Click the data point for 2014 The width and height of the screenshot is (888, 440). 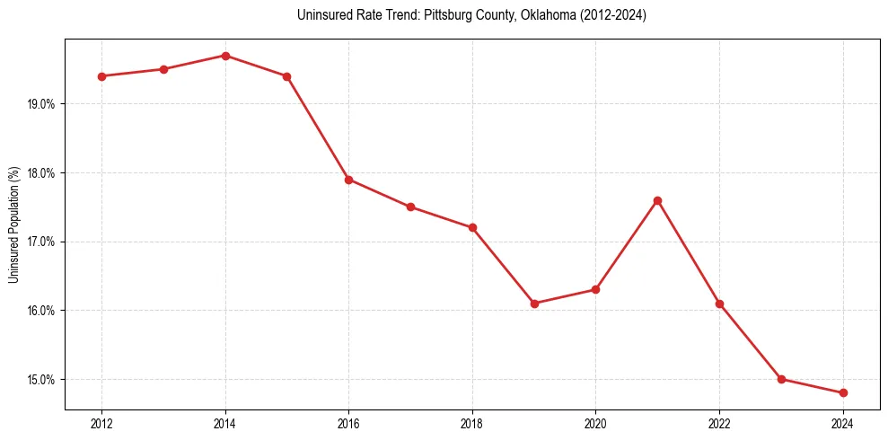click(x=225, y=56)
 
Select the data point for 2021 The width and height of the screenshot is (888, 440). click(x=657, y=200)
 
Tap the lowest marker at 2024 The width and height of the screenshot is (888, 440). click(x=843, y=393)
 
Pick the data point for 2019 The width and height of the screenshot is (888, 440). click(x=534, y=304)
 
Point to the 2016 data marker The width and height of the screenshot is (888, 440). click(x=348, y=180)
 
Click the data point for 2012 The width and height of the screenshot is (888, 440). click(x=101, y=76)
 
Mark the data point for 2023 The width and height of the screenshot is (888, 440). click(x=781, y=379)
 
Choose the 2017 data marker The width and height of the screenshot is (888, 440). click(x=410, y=207)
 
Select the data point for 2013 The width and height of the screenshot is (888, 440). click(x=163, y=69)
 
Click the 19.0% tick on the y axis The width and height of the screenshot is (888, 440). click(x=41, y=104)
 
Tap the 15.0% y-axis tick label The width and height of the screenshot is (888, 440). click(x=41, y=380)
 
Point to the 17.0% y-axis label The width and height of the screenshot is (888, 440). click(x=41, y=242)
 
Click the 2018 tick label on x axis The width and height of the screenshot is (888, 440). click(x=472, y=423)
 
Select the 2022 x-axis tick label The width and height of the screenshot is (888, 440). click(x=719, y=423)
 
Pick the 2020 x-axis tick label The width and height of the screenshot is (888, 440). click(x=595, y=423)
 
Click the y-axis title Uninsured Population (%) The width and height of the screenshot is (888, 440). click(x=13, y=224)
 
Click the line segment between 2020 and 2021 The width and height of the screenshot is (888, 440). click(x=627, y=244)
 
